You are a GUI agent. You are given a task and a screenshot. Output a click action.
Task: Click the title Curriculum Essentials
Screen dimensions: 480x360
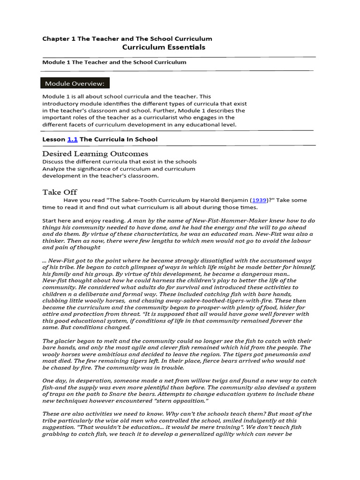[164, 47]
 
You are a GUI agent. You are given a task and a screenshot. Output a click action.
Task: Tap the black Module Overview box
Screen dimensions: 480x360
[75, 83]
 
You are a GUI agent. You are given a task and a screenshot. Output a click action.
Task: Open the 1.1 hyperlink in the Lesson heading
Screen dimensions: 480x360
[72, 139]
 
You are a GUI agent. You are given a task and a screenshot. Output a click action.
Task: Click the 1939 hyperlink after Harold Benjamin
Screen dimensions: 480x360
[259, 200]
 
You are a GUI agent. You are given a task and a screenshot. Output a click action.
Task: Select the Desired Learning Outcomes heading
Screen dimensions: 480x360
[95, 154]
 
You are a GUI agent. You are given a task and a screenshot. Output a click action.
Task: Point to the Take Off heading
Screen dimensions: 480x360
[60, 192]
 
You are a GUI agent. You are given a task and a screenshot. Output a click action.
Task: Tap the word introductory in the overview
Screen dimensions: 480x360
[62, 104]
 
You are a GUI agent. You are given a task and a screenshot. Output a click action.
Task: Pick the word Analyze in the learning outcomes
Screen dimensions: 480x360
[54, 169]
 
